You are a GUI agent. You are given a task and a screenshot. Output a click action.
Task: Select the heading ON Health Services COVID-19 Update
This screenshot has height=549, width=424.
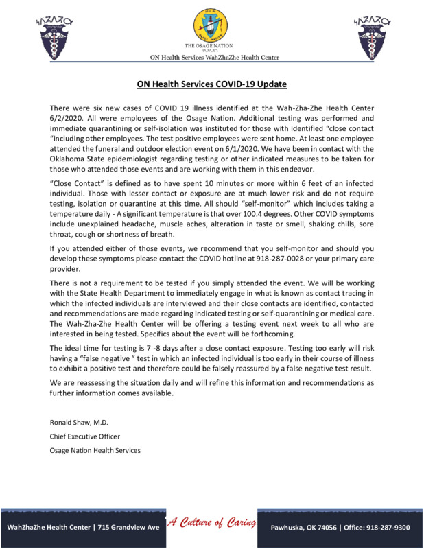point(211,84)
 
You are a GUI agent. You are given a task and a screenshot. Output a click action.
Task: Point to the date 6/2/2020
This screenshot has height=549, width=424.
point(66,119)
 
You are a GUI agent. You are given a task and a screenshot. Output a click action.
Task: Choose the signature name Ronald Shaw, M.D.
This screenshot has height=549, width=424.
point(79,421)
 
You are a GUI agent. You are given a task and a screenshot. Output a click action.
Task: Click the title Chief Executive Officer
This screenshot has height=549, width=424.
point(85,436)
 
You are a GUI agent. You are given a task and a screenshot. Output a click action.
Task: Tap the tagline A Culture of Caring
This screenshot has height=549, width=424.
point(211,524)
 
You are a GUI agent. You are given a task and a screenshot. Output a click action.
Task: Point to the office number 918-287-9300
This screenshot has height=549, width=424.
point(387,528)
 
